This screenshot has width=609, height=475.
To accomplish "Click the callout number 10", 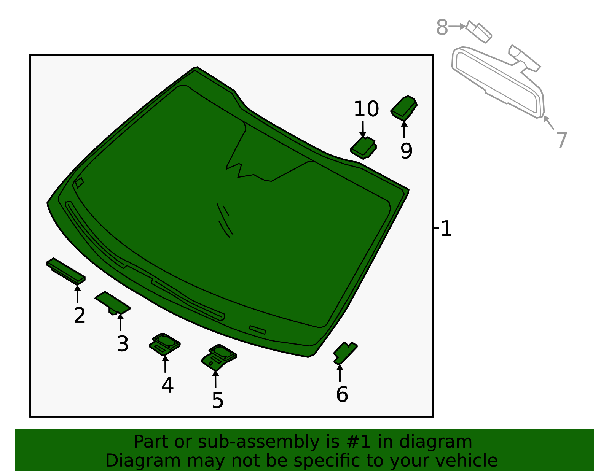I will [x=366, y=110].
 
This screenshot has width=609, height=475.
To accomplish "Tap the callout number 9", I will [x=406, y=151].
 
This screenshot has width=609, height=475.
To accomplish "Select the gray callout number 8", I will [x=442, y=28].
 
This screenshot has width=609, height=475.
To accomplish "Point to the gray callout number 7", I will [x=561, y=140].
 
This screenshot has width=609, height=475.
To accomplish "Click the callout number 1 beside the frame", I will [x=446, y=229].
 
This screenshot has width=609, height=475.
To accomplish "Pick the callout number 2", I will [x=80, y=315].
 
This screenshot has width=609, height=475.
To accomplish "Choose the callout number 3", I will [x=123, y=344].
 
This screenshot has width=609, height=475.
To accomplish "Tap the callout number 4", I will [x=167, y=385].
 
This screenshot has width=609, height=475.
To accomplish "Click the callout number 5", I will [x=217, y=400].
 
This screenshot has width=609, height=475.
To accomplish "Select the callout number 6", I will [x=342, y=394].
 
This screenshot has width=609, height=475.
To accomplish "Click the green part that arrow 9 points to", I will [x=404, y=108].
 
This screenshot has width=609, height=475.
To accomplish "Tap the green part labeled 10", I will [x=363, y=148].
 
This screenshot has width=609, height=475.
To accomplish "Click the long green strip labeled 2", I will [x=66, y=271].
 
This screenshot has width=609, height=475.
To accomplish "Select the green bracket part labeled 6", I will [x=345, y=353].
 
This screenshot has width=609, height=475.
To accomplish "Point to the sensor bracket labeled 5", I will [x=218, y=357].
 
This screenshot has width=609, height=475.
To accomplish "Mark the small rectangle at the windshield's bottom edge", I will [x=257, y=330].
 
